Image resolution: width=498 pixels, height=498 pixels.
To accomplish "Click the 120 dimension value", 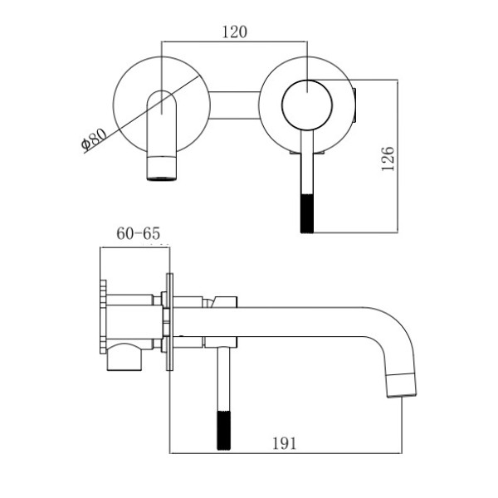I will coord(235,32).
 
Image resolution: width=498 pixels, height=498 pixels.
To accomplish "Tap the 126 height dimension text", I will coord(388,158).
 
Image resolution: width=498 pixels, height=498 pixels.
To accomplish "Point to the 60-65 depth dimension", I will coord(138,234).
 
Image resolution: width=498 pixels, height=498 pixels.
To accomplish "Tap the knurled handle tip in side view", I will coord(222,429).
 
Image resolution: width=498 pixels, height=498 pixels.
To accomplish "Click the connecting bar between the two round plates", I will coord(235,103).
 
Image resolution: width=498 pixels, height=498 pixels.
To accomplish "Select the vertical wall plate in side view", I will coord(169,325).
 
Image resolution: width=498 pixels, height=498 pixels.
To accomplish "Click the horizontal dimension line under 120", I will coord(235,41).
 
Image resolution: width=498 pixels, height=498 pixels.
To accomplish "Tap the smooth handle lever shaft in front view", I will coord(307,170).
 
